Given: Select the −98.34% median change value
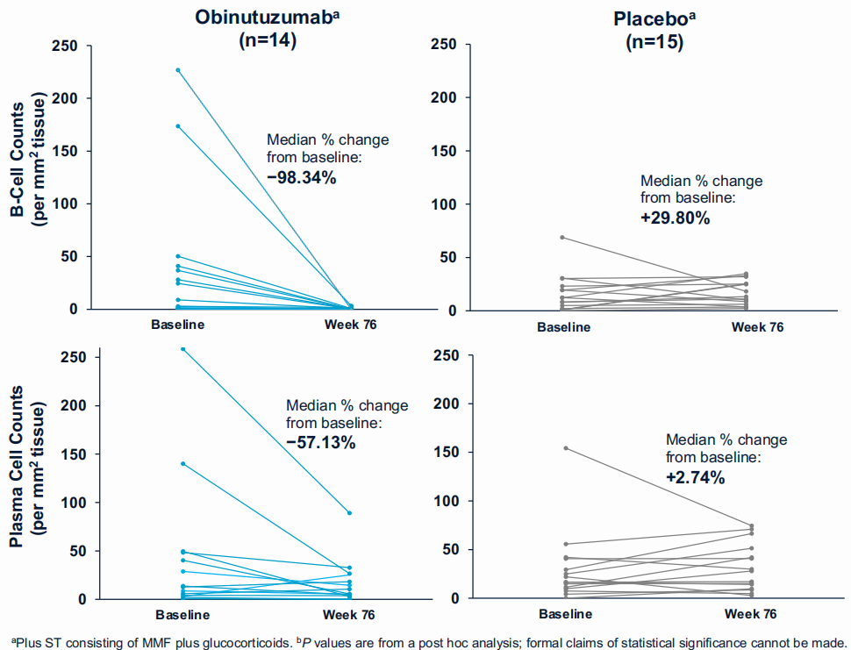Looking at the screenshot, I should tap(302, 177).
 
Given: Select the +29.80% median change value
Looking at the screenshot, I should tap(676, 218).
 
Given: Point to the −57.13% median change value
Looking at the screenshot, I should tap(321, 443).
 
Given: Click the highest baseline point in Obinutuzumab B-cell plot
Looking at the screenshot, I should tap(177, 70).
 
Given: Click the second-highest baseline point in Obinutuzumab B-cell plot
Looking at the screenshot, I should tap(177, 126).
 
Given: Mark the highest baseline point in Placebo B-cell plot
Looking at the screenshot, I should tap(561, 238).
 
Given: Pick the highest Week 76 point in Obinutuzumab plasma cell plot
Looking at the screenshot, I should tap(350, 512).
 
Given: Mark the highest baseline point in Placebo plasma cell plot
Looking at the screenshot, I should tap(565, 448).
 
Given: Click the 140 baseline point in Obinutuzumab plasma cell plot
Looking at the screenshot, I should tap(182, 463).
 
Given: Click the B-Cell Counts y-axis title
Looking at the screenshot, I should tap(30, 176).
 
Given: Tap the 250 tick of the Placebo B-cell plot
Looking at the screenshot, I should tap(446, 45).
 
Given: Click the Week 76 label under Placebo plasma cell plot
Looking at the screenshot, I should tap(750, 614).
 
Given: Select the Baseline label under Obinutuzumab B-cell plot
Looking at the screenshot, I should tap(177, 325).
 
